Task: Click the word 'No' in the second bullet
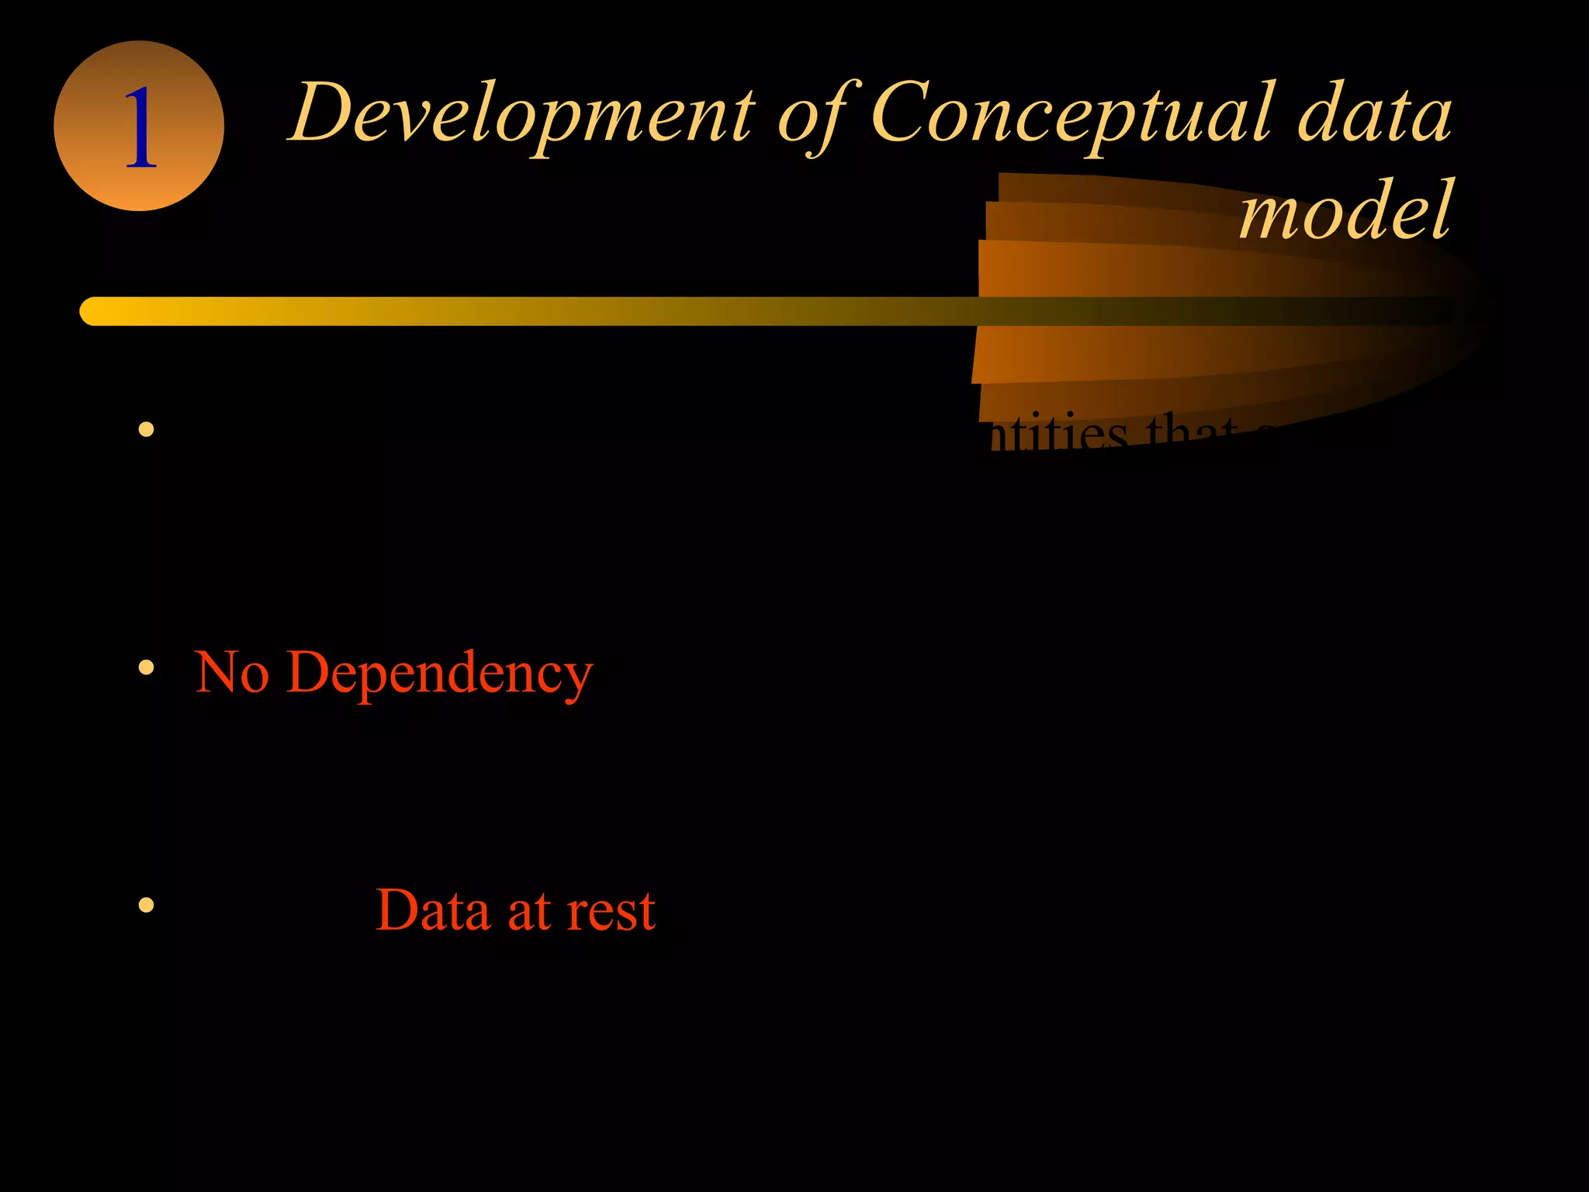232,672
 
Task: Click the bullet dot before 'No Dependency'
146,667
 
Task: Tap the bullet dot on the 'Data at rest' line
146,905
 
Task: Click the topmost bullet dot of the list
146,429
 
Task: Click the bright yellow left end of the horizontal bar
97,311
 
